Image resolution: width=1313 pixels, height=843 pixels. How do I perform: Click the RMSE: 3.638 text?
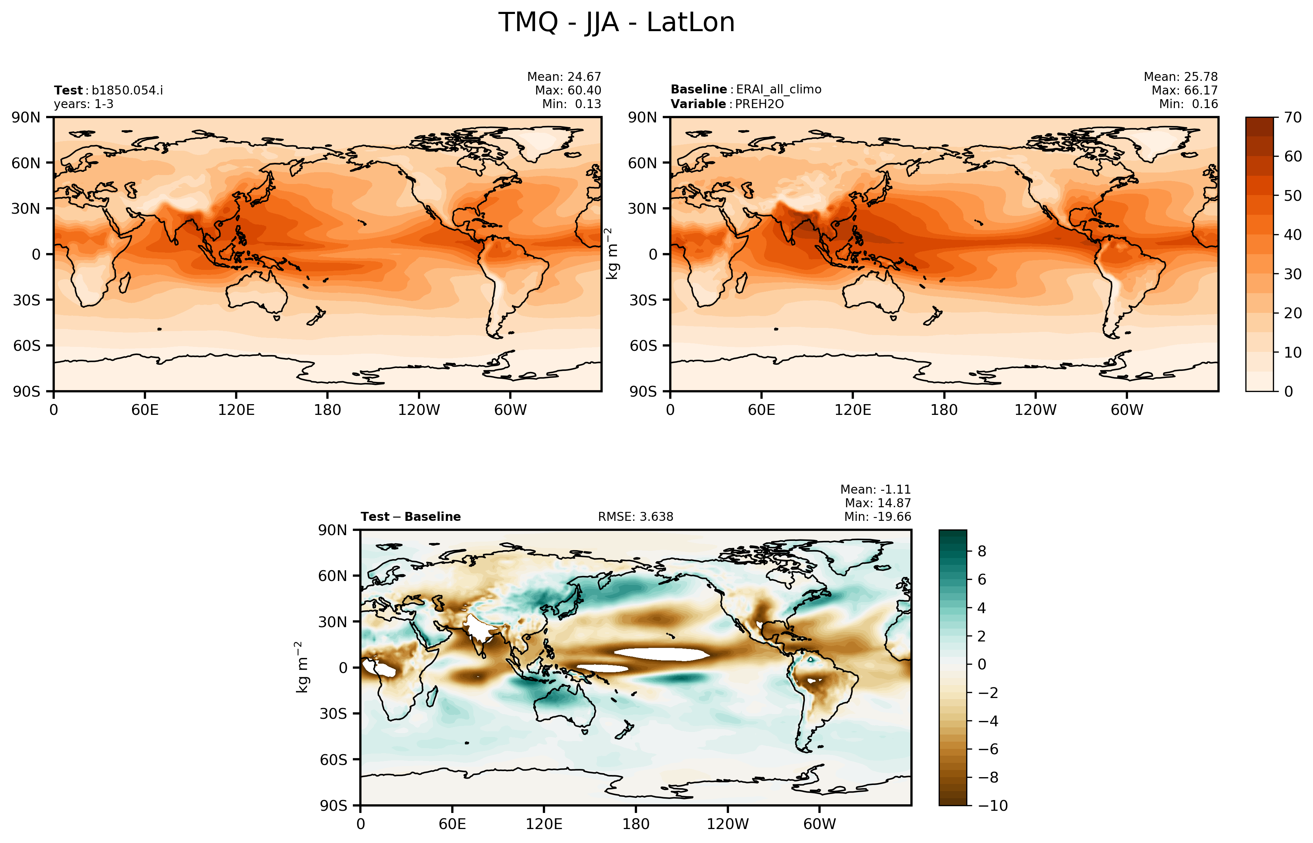(635, 517)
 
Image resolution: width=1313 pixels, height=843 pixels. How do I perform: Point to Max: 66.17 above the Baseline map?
(1185, 90)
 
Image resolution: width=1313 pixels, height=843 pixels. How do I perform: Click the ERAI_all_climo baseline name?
(778, 89)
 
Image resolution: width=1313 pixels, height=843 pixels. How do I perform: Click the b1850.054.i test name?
(127, 90)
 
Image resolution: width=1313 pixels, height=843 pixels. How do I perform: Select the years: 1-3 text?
(84, 104)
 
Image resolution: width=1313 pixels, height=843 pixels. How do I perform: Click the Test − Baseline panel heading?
(410, 517)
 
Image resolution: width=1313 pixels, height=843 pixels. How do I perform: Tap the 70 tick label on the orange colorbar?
(1293, 118)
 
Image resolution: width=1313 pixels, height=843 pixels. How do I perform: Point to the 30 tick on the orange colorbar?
(1293, 274)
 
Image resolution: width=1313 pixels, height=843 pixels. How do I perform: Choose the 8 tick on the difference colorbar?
(982, 551)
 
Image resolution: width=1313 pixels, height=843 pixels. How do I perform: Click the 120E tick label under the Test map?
(236, 410)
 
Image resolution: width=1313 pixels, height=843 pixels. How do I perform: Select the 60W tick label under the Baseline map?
(1127, 410)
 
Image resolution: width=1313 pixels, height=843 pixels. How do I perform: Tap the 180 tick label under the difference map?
(636, 824)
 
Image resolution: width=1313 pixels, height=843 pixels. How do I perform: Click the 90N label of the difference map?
(332, 530)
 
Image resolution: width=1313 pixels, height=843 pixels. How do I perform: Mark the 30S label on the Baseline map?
(643, 300)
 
